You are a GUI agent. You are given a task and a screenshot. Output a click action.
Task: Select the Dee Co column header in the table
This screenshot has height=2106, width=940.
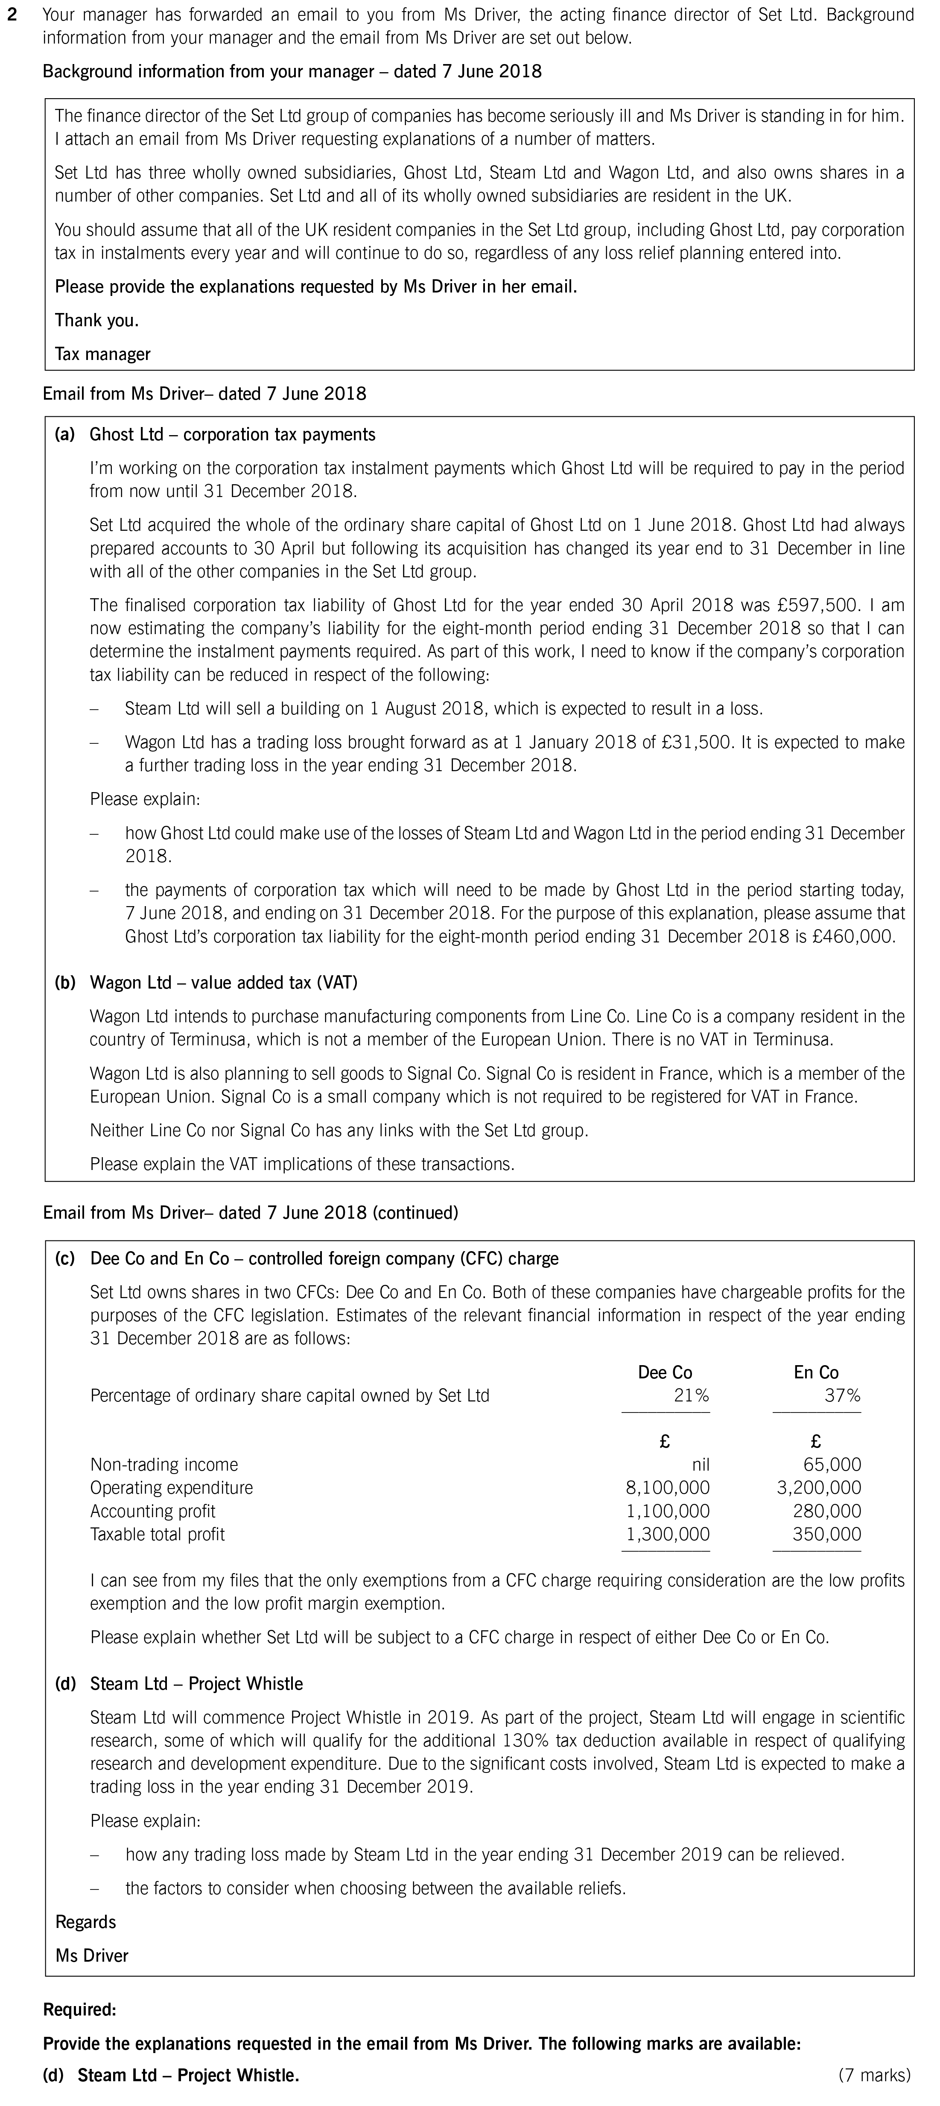[665, 1372]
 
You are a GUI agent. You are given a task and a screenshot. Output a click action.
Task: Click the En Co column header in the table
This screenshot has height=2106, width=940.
[816, 1372]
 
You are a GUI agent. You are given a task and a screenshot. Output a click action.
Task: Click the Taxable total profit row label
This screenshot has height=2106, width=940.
[157, 1534]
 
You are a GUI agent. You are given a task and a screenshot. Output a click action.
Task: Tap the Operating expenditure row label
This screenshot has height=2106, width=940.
[171, 1487]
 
